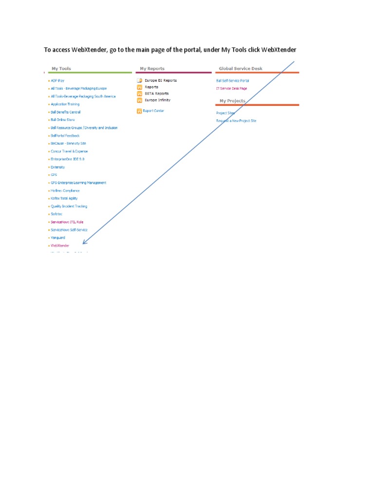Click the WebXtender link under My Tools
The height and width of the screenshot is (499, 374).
[x=60, y=246]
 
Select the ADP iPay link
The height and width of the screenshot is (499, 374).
[x=57, y=80]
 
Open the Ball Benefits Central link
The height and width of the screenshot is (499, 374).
[x=65, y=112]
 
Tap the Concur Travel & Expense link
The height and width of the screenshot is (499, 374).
[x=69, y=152]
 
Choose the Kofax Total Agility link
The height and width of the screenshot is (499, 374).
[x=65, y=198]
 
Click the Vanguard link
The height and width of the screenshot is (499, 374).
[x=58, y=238]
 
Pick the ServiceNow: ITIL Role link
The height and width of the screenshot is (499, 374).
[x=67, y=222]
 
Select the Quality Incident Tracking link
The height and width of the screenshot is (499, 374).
[x=69, y=206]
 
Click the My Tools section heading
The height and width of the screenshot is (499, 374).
[x=61, y=69]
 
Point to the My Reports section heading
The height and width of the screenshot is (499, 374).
[x=152, y=69]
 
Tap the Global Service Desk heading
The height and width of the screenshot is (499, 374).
[x=241, y=69]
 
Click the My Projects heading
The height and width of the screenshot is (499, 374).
[x=232, y=101]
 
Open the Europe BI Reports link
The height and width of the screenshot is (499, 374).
[x=161, y=80]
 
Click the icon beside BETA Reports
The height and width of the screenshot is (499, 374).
[x=139, y=93]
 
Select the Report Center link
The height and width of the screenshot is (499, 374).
[x=153, y=111]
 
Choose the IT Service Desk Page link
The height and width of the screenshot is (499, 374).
[x=231, y=88]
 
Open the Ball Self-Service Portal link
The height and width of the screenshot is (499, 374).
[x=232, y=80]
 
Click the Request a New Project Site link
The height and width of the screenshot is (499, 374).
[x=236, y=120]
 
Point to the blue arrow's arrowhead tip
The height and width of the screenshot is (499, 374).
[x=83, y=244]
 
